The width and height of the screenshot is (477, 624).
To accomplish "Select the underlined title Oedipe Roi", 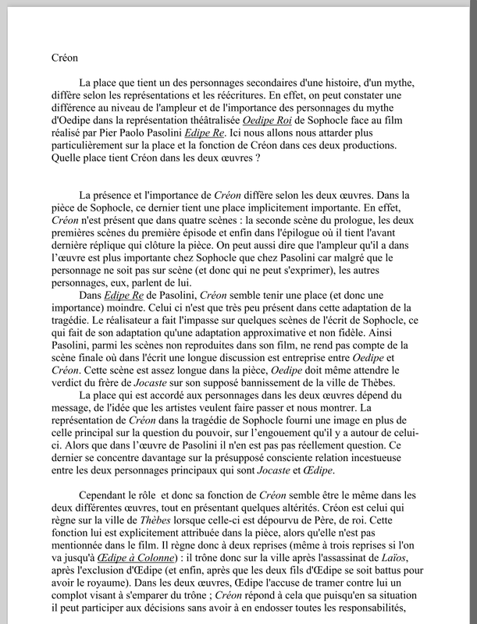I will pyautogui.click(x=269, y=122).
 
